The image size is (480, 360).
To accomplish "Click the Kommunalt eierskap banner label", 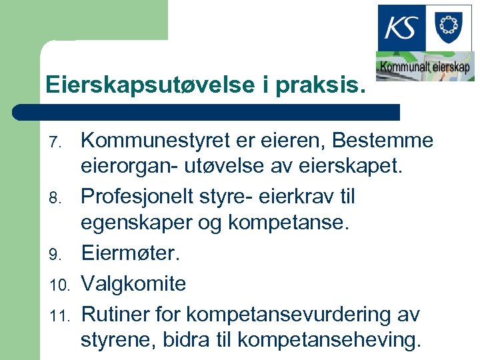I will pyautogui.click(x=425, y=67).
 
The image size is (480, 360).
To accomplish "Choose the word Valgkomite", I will pyautogui.click(x=133, y=283).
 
